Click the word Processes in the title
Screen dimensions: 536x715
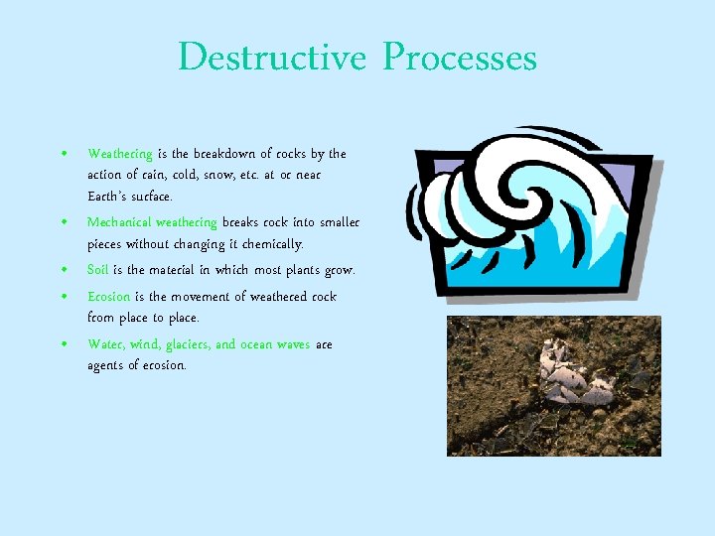point(459,58)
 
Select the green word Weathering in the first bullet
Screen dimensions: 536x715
point(120,154)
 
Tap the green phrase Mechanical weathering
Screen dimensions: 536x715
point(152,222)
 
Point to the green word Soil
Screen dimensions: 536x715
point(97,270)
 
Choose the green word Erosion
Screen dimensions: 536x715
point(108,297)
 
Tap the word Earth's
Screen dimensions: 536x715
point(107,197)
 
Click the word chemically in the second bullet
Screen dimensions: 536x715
point(273,244)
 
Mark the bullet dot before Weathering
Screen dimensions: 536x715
point(63,154)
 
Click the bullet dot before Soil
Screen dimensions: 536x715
point(63,270)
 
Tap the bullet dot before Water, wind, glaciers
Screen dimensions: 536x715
point(63,344)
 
